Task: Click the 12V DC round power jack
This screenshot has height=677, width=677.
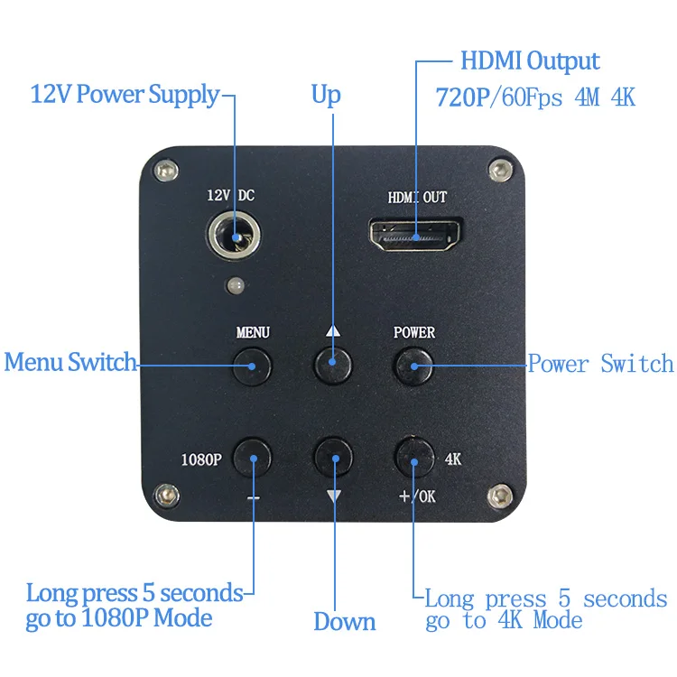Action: pyautogui.click(x=237, y=237)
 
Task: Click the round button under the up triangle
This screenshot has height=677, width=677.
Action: pyautogui.click(x=332, y=364)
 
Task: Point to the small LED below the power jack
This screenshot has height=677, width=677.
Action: pyautogui.click(x=236, y=285)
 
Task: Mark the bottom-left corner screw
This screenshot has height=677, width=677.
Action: pyautogui.click(x=163, y=494)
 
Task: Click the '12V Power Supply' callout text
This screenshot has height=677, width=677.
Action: pyautogui.click(x=125, y=94)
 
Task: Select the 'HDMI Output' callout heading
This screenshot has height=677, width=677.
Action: pyautogui.click(x=530, y=62)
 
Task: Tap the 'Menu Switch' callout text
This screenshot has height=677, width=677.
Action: pyautogui.click(x=70, y=363)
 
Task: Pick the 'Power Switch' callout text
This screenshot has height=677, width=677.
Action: pyautogui.click(x=600, y=364)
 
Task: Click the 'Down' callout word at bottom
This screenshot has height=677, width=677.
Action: pyautogui.click(x=344, y=622)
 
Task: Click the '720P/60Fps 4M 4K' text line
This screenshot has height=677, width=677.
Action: pyautogui.click(x=535, y=97)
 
